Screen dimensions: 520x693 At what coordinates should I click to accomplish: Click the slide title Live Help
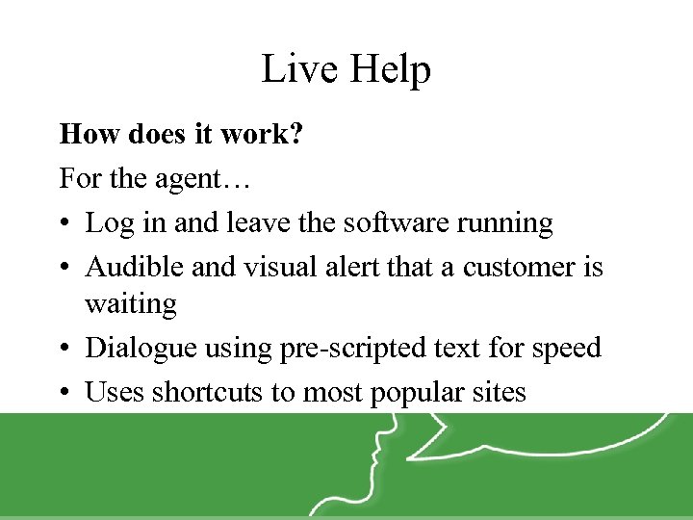[x=346, y=69]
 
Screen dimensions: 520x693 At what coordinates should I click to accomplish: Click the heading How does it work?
[x=181, y=134]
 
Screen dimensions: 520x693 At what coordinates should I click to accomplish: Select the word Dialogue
[x=142, y=349]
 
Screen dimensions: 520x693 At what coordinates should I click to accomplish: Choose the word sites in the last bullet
[x=497, y=391]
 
